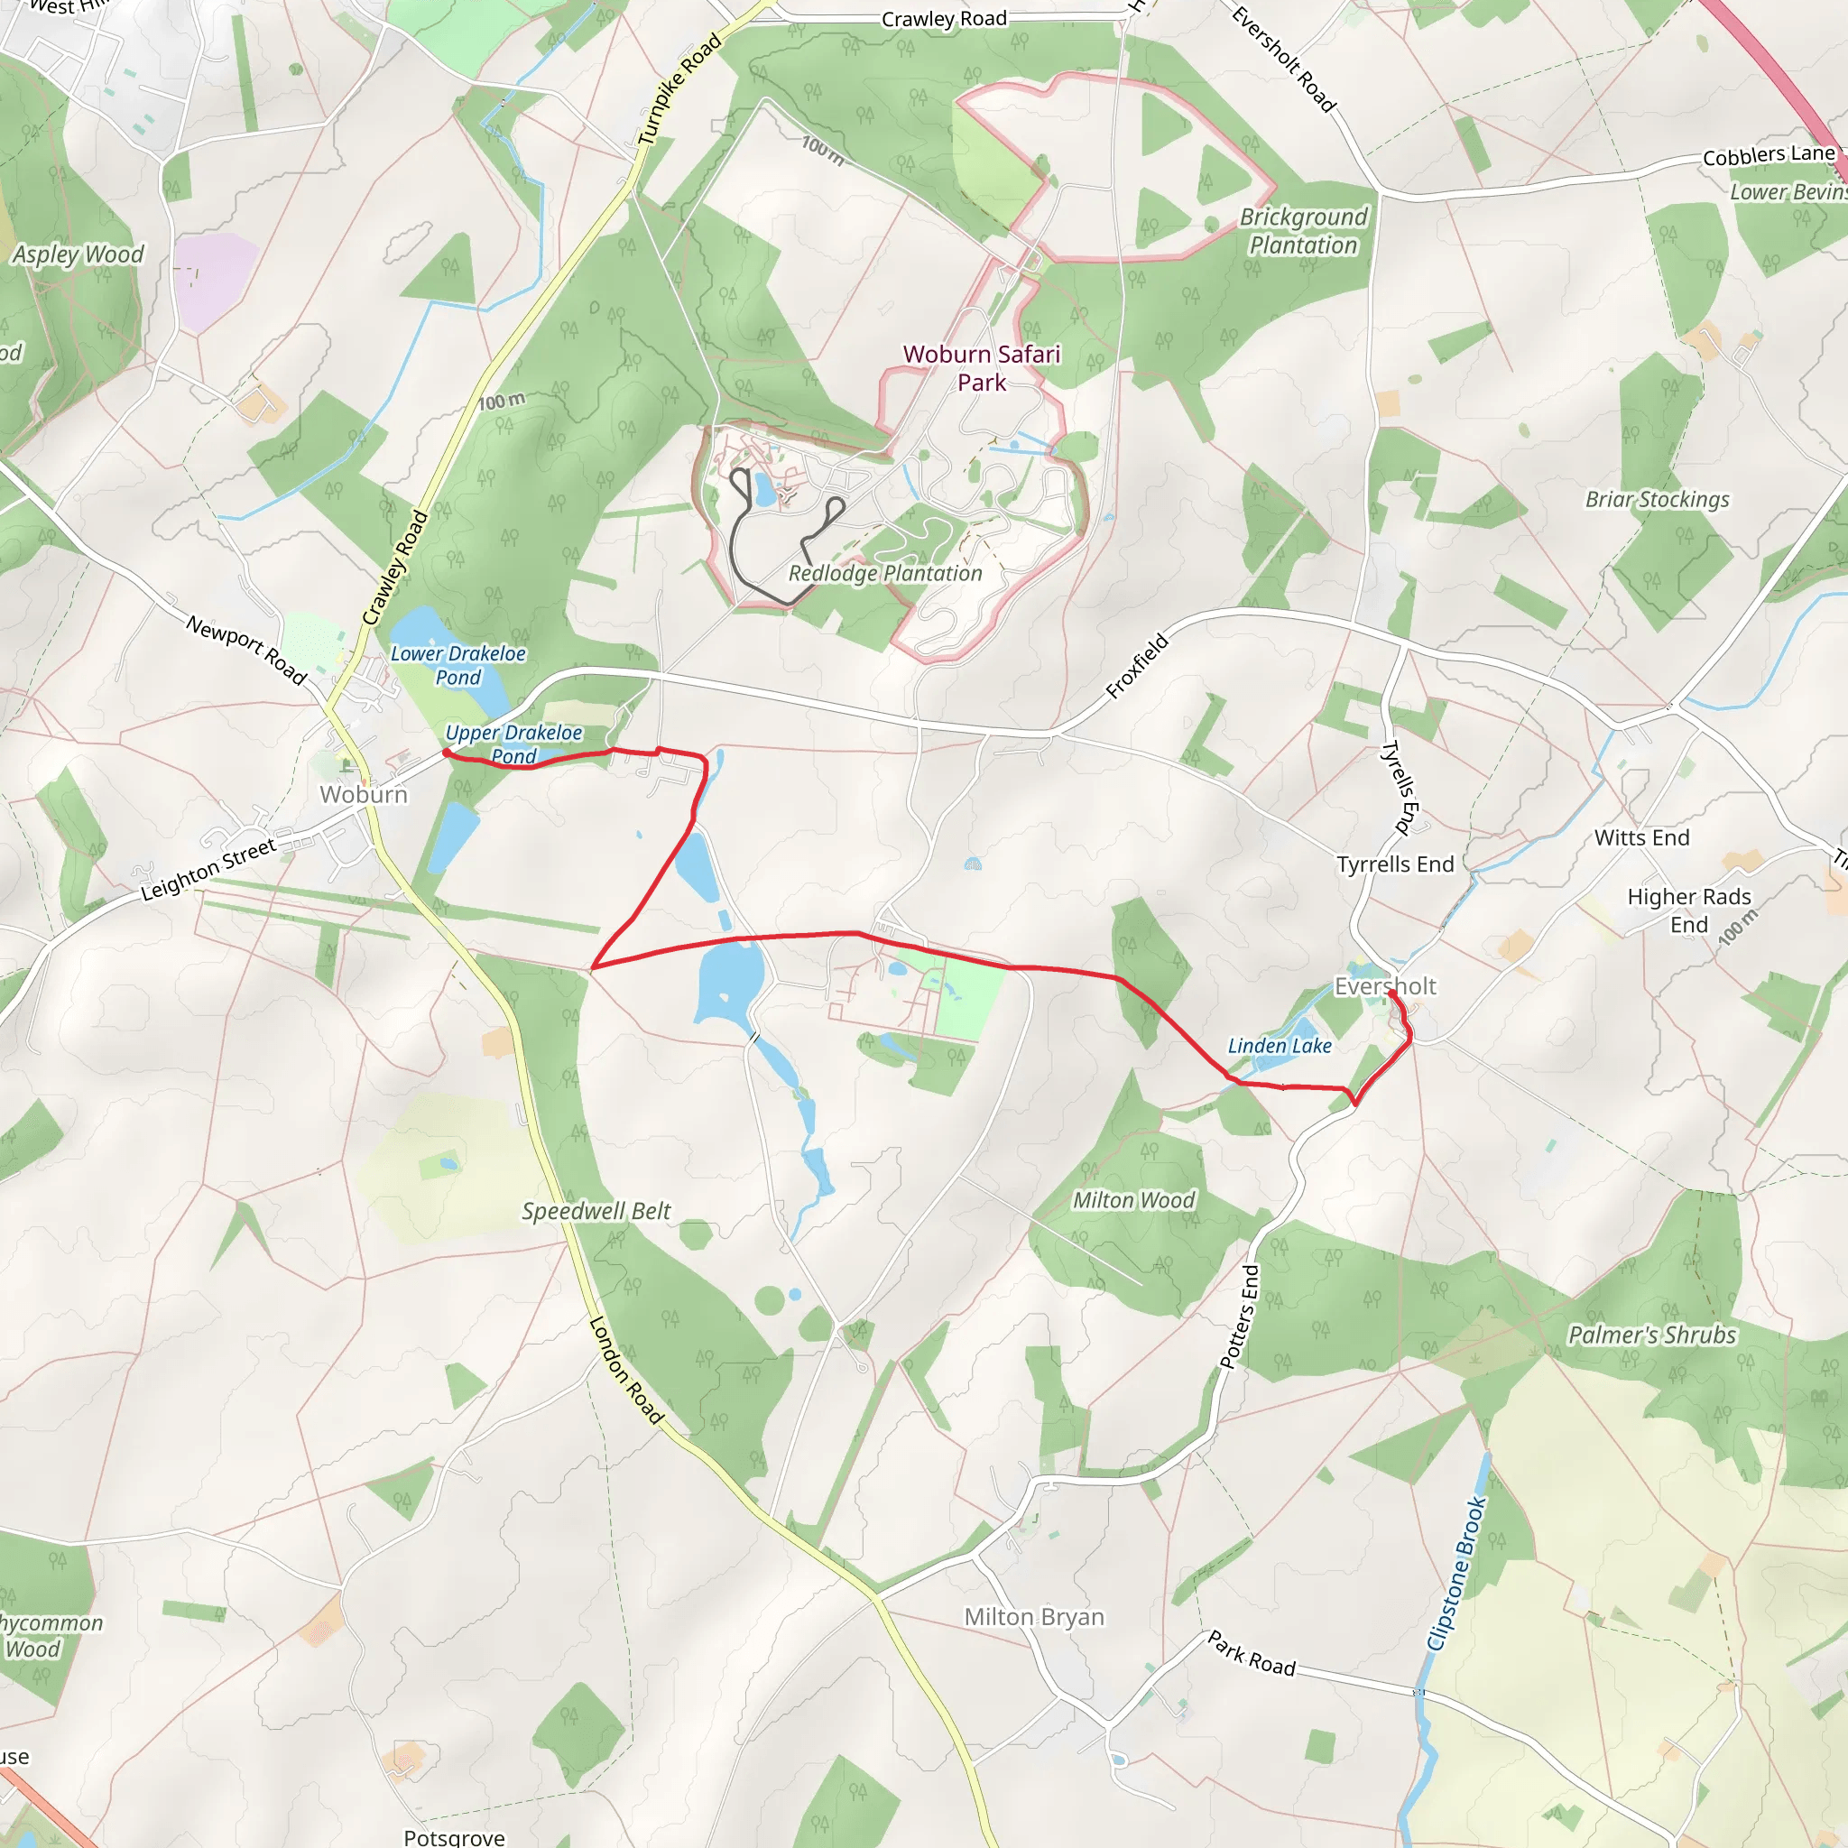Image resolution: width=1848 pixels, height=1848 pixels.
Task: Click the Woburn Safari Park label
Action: (982, 368)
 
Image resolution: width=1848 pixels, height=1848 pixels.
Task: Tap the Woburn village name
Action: (364, 794)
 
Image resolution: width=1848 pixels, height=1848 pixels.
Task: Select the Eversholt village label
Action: (1385, 986)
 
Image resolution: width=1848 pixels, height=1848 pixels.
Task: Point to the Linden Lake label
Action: (1280, 1046)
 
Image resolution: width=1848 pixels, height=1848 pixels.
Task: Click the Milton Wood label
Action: (1133, 1199)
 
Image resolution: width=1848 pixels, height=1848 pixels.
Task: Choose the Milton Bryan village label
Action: (1034, 1616)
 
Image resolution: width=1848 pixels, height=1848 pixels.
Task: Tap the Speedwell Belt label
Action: (596, 1211)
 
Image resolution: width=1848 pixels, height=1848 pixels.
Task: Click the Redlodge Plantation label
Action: (885, 573)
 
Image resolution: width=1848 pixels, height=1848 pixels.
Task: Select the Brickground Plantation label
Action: (1304, 232)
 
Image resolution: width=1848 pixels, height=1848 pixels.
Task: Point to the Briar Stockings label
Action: (1658, 499)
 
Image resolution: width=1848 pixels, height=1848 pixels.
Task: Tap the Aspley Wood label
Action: (79, 254)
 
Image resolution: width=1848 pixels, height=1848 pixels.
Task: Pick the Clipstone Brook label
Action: (1456, 1574)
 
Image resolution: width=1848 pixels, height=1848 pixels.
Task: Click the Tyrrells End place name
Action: (1396, 864)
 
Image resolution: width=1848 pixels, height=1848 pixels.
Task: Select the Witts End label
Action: (1641, 837)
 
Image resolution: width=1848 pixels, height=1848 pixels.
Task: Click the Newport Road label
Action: (246, 651)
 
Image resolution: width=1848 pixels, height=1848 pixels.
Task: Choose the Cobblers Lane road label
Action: (1769, 155)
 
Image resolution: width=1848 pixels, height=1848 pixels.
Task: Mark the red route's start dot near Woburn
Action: (447, 753)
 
